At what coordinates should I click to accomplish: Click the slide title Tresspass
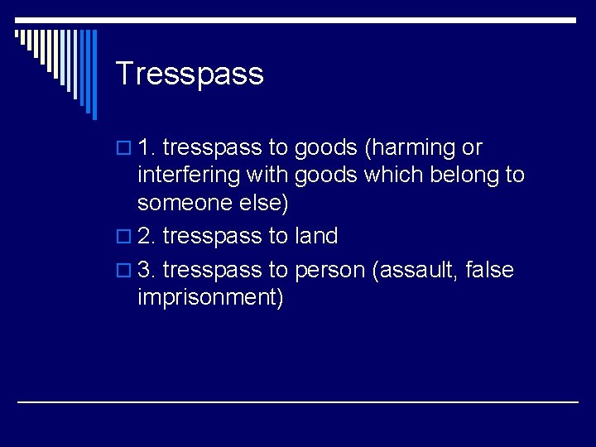click(x=190, y=74)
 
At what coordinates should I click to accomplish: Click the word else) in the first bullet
click(x=263, y=203)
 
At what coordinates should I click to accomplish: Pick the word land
click(x=316, y=236)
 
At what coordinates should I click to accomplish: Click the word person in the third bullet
click(x=330, y=270)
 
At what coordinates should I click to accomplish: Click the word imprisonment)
click(x=211, y=297)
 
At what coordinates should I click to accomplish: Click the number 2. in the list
click(x=147, y=236)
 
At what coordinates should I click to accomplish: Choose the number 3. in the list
click(x=147, y=270)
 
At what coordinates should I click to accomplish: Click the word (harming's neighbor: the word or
click(x=472, y=148)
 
